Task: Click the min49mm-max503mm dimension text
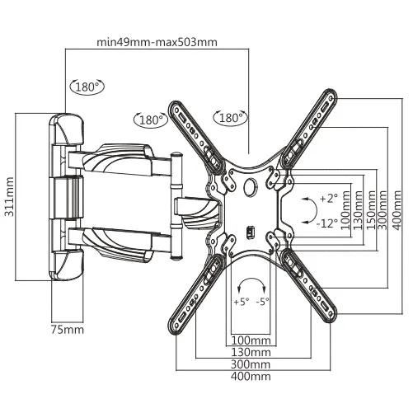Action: (157, 42)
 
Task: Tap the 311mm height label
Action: (10, 197)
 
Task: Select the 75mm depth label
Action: (68, 330)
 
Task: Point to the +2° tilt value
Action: (329, 198)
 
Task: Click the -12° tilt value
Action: (326, 223)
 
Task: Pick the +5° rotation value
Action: (242, 302)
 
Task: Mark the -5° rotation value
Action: (262, 302)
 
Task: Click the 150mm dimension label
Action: (371, 210)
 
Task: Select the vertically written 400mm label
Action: (397, 210)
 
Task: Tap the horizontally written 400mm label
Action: (251, 376)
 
